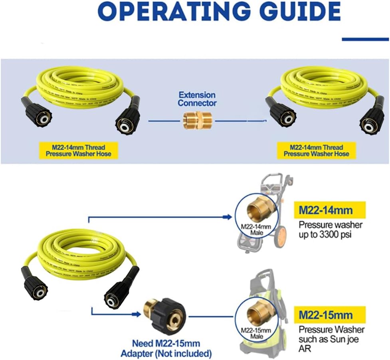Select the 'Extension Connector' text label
click(197, 99)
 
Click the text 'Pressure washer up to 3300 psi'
click(330, 230)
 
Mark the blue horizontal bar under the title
click(365, 39)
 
